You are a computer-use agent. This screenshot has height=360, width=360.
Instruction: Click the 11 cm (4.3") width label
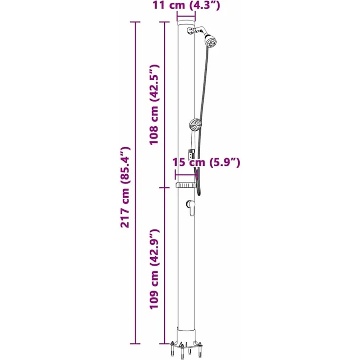pos(186,5)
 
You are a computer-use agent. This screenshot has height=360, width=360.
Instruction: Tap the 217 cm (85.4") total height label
pos(125,187)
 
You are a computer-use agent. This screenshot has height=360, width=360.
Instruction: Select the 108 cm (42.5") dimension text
pos(154,105)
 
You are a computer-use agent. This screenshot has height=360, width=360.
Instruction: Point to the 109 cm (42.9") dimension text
pos(154,269)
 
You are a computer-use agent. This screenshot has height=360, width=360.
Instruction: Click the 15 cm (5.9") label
pos(206,162)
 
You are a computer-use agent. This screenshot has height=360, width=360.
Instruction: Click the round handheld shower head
pos(195,125)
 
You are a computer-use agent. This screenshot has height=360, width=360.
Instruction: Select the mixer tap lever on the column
pos(191,207)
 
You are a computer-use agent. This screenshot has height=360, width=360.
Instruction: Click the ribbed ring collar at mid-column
pos(186,185)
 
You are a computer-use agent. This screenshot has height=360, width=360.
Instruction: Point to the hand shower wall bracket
pos(191,154)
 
